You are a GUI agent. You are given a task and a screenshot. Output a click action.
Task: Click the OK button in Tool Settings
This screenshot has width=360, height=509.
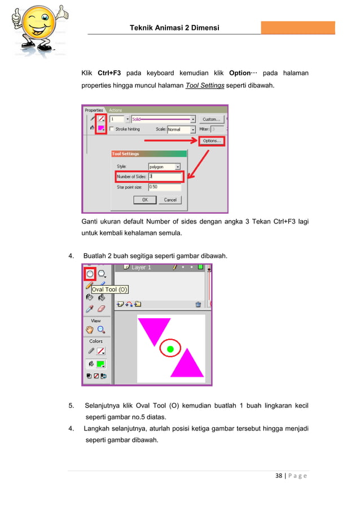point(144,200)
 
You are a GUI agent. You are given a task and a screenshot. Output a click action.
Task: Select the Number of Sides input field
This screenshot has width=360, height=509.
point(165,177)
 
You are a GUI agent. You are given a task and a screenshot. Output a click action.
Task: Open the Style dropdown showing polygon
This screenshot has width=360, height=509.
point(164,166)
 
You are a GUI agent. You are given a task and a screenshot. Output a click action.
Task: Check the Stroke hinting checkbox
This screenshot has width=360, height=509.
point(112,129)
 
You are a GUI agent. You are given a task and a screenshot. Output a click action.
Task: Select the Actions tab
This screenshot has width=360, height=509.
point(116,110)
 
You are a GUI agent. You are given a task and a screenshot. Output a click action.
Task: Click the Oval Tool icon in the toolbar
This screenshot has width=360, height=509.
point(90,274)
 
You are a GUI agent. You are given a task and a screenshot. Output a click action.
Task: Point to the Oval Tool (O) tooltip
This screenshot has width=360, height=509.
point(110,289)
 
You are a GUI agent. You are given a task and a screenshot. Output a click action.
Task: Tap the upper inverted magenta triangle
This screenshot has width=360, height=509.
point(153,330)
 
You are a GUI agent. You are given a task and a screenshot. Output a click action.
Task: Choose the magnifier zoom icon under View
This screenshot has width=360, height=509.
point(102,330)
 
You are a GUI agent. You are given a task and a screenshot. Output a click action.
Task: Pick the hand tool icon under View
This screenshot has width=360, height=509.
point(89,330)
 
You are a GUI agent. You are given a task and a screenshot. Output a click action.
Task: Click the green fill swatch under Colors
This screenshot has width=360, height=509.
point(101,364)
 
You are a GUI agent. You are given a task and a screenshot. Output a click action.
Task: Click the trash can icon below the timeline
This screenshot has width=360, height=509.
point(198,304)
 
